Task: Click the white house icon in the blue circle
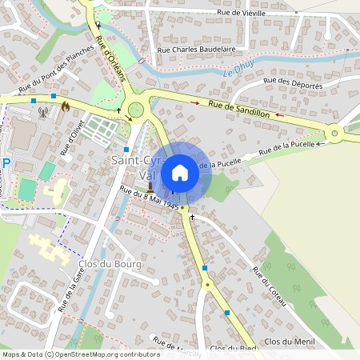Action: click(x=180, y=173)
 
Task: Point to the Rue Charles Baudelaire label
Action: click(x=197, y=49)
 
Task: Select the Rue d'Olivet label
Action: click(x=72, y=138)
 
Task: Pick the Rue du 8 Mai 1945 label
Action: click(x=149, y=198)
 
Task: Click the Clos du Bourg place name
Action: click(x=110, y=264)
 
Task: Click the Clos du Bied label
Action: click(x=231, y=349)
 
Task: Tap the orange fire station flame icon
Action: click(x=66, y=104)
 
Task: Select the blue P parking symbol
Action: click(x=6, y=163)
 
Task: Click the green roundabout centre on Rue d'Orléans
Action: click(x=136, y=110)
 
